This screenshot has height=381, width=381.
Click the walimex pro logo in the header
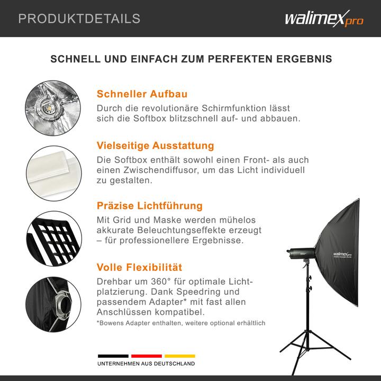[324, 19]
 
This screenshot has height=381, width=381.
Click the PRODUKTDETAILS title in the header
[79, 19]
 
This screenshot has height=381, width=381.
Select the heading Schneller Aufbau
[142, 94]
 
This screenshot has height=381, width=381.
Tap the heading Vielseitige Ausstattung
[155, 146]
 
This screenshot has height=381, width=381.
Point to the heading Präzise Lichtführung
[150, 205]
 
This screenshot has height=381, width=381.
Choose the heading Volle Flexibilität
[139, 267]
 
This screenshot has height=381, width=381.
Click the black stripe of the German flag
[113, 356]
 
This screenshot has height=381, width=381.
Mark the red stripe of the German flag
[146, 356]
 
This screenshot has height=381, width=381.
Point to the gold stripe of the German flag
[179, 356]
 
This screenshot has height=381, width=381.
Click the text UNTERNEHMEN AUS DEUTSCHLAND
[146, 364]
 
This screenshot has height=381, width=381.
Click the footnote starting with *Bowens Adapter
[180, 323]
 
